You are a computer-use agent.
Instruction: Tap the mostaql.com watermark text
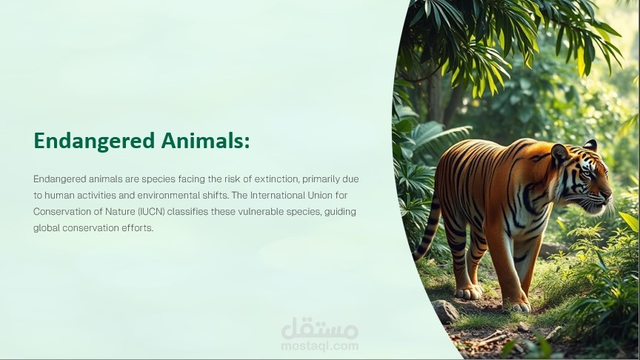pyautogui.click(x=320, y=346)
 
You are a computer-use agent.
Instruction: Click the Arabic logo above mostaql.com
pyautogui.click(x=320, y=328)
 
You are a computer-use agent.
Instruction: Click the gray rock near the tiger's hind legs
pyautogui.click(x=444, y=310)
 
